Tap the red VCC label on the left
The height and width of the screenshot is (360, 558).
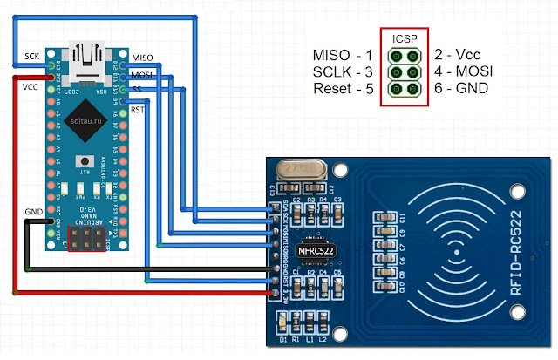point(30,87)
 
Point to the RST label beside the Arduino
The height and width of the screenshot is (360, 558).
point(138,110)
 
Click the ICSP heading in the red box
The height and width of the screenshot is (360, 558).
point(404,39)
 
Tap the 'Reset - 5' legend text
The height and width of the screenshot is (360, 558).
point(344,88)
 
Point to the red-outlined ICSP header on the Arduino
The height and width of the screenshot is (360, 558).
point(85,241)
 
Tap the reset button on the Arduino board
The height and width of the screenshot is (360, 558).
point(85,161)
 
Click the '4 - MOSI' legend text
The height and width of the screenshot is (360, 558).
point(463,72)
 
